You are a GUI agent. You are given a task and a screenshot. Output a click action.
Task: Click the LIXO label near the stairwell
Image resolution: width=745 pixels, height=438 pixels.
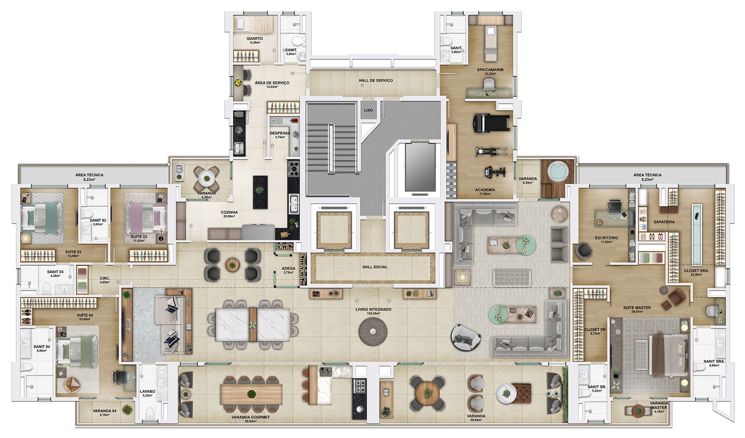[368, 110]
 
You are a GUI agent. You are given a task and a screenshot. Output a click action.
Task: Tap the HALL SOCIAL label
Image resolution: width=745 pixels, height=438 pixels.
[375, 267]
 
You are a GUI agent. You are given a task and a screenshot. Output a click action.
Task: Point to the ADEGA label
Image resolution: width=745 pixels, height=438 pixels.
[288, 268]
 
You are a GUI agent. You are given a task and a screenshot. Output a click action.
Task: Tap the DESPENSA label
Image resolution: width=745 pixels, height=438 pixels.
[280, 133]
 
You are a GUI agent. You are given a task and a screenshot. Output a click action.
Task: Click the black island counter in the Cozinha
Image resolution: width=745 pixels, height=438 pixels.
[260, 192]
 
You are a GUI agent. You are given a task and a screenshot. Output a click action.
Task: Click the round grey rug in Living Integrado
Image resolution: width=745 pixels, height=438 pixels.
[373, 331]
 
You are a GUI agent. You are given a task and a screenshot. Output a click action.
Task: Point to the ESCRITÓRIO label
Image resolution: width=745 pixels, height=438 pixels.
[606, 238]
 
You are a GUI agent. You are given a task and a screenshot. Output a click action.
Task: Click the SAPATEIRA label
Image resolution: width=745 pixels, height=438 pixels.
[664, 222]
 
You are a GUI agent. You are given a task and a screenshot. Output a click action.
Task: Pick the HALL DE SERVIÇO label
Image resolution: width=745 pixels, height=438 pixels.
[376, 80]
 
